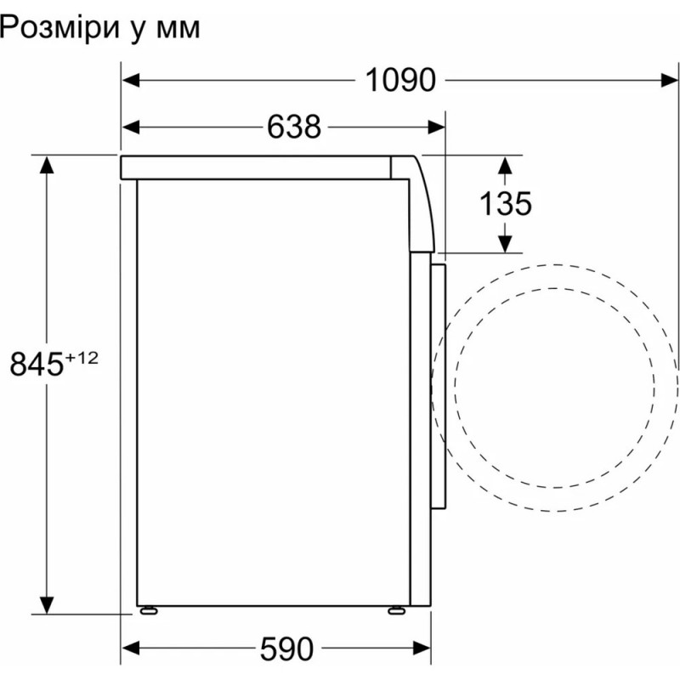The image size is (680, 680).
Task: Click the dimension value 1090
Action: [400, 80]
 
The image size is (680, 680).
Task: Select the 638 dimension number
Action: [294, 127]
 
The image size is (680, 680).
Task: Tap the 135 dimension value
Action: [505, 204]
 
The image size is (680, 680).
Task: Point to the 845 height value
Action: [37, 365]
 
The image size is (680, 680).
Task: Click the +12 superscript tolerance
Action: [82, 358]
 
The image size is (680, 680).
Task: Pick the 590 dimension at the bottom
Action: [287, 649]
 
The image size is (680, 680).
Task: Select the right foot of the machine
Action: [396, 609]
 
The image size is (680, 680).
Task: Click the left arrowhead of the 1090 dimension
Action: [130, 80]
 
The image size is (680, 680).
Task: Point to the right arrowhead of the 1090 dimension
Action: [669, 80]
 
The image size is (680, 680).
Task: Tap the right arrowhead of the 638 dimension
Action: [436, 127]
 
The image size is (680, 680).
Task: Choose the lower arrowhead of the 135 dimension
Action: [505, 243]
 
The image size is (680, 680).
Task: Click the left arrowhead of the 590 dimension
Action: [130, 649]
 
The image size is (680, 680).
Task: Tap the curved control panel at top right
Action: [422, 204]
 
